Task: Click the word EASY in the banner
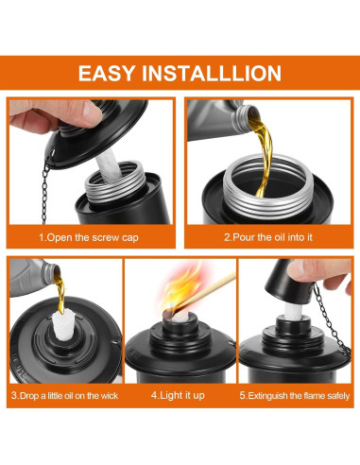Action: coord(106,74)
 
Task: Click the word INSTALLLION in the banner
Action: coord(212,74)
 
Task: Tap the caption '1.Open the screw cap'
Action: coord(89,237)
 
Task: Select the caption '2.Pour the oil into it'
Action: coord(268,237)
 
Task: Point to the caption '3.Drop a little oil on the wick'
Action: coord(64,396)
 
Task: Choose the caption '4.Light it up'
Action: coord(178,395)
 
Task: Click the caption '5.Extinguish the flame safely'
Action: coord(295,396)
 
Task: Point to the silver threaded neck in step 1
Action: coord(115,182)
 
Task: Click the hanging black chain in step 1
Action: coord(45,191)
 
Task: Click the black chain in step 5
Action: coord(331,319)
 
